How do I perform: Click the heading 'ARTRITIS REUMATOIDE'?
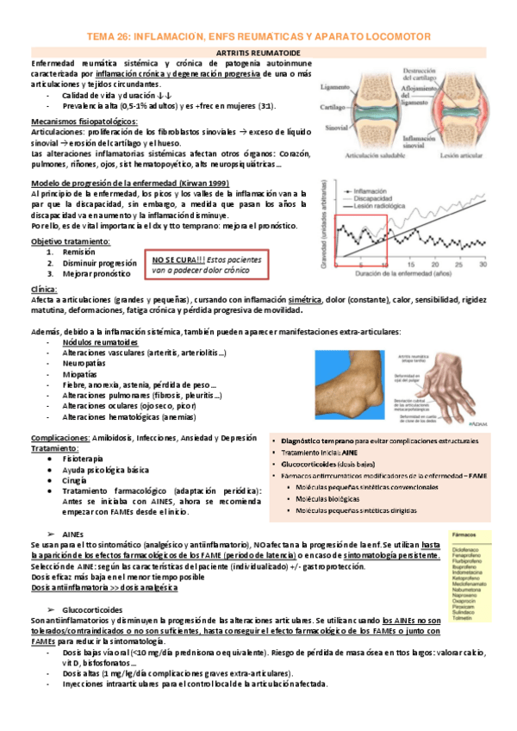(258, 53)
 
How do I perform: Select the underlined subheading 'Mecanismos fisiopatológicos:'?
(84, 122)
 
